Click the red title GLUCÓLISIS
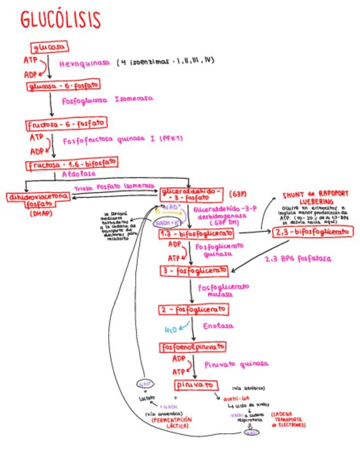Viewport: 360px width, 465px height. pyautogui.click(x=60, y=20)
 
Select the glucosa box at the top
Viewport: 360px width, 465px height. pyautogui.click(x=50, y=47)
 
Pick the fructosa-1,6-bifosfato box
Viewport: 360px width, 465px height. pyautogui.click(x=71, y=164)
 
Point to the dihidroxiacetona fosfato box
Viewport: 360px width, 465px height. pyautogui.click(x=38, y=200)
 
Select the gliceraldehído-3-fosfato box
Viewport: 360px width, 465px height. pyautogui.click(x=191, y=195)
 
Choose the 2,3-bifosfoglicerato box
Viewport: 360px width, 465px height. pyautogui.click(x=312, y=232)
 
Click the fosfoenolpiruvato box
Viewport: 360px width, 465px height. pyautogui.click(x=193, y=347)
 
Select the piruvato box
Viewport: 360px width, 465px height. pyautogui.click(x=193, y=384)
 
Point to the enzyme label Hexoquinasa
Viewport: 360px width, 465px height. pyautogui.click(x=85, y=64)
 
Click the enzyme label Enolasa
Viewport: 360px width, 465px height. pyautogui.click(x=218, y=326)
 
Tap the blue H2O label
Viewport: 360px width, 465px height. pyautogui.click(x=172, y=330)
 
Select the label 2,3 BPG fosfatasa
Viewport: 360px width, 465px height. pyautogui.click(x=298, y=258)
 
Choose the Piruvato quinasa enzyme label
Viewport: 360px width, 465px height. pyautogui.click(x=236, y=364)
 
